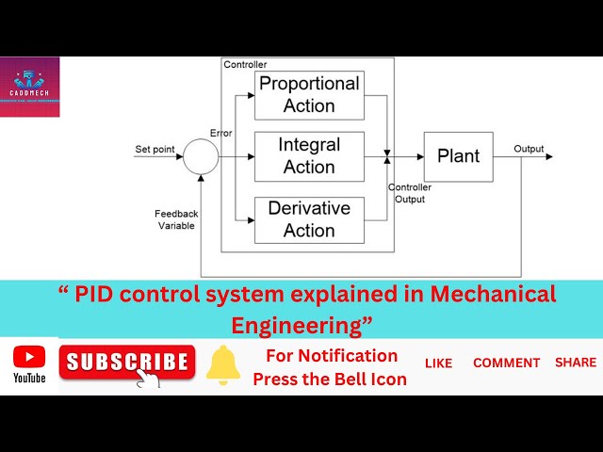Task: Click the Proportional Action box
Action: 309,94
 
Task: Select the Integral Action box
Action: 309,156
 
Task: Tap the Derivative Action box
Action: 309,219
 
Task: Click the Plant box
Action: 458,156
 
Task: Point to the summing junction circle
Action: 201,156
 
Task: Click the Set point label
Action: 155,149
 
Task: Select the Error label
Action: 220,133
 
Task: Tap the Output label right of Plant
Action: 529,149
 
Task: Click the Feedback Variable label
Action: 176,219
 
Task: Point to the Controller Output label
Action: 409,193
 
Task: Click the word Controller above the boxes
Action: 245,64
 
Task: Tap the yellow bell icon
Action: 223,365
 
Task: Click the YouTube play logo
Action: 29,357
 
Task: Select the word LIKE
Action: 438,363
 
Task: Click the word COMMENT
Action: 506,363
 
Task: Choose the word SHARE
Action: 575,362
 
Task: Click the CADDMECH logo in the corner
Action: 29,87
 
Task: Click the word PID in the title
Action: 93,293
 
